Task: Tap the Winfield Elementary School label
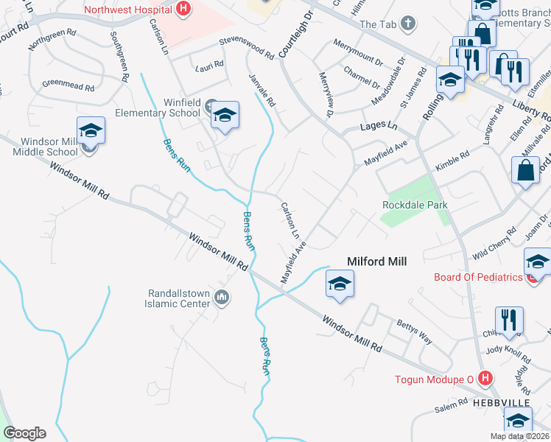coord(158,108)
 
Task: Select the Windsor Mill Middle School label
coord(49,147)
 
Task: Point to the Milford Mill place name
coord(377,261)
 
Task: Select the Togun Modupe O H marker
coord(485,379)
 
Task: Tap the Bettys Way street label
coord(415,332)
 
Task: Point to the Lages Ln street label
coord(379,127)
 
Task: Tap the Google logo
coord(24,433)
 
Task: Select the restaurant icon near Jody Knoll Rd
coord(509,320)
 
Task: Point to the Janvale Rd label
coord(263,93)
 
